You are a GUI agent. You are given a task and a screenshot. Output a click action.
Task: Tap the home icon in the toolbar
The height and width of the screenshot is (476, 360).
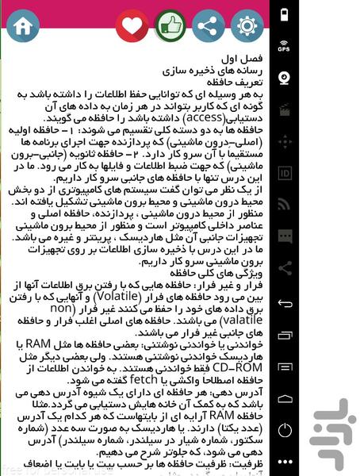(x=21, y=25)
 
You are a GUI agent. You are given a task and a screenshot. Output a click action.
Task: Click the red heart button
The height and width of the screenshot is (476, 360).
(x=132, y=25)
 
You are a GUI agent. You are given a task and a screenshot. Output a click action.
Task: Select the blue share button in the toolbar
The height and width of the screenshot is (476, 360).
(x=208, y=25)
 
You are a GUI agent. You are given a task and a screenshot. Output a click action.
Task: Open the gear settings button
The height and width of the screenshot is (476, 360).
(x=246, y=25)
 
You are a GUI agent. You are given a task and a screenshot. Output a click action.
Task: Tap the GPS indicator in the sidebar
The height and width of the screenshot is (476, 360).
(x=284, y=46)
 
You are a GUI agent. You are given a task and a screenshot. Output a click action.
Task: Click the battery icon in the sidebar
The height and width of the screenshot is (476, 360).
(x=284, y=13)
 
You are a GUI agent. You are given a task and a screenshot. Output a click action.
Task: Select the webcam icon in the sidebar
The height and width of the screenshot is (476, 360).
(x=284, y=78)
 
